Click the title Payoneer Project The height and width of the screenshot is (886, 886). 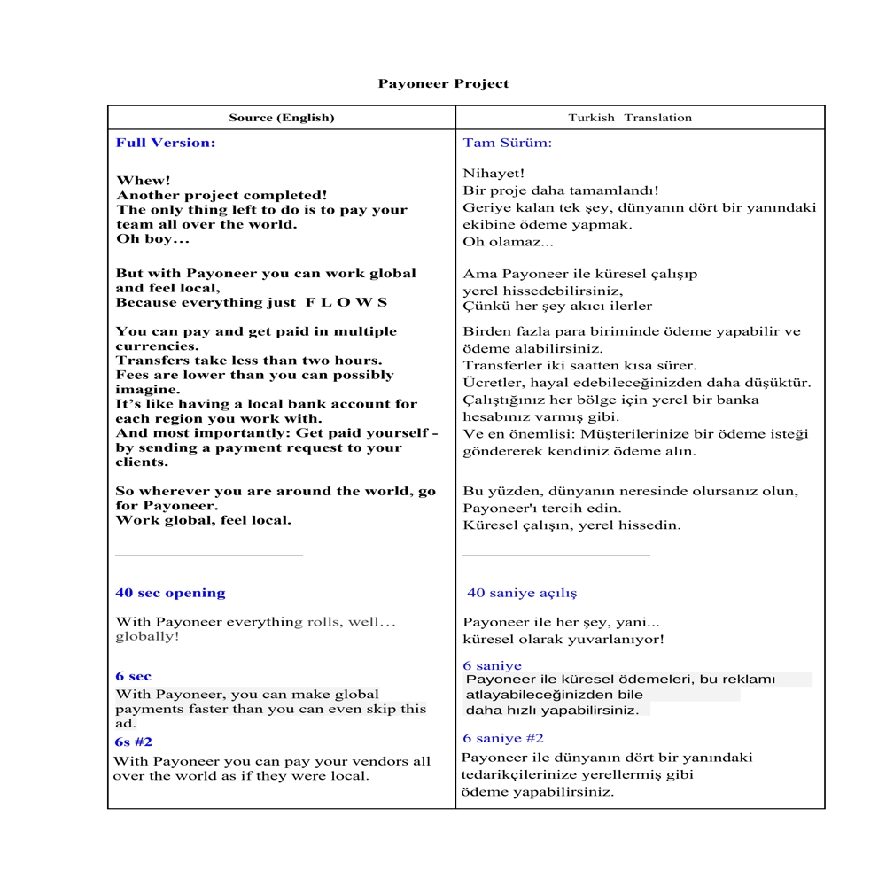(x=443, y=84)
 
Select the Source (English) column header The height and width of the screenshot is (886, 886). (x=282, y=118)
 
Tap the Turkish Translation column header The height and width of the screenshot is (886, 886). (x=630, y=118)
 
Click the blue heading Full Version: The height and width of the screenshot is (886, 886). (x=166, y=143)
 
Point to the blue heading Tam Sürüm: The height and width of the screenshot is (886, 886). (x=507, y=143)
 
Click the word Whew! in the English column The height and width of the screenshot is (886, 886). (x=144, y=181)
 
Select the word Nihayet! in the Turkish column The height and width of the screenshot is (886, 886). (x=494, y=174)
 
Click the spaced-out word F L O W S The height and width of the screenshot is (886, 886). (x=346, y=303)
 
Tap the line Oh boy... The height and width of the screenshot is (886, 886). (x=152, y=239)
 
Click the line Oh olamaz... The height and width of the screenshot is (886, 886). (x=508, y=242)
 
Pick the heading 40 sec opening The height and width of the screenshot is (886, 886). (x=170, y=594)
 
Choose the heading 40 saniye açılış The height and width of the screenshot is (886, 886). (x=522, y=594)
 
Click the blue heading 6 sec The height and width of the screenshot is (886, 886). (x=134, y=677)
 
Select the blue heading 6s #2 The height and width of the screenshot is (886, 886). (x=134, y=742)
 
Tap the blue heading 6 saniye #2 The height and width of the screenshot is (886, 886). (x=503, y=739)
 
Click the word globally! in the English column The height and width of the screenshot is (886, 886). (x=147, y=637)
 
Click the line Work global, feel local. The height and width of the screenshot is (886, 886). (x=203, y=521)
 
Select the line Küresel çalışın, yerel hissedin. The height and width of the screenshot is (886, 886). (x=559, y=525)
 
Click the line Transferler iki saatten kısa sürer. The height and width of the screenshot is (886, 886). (x=579, y=366)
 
